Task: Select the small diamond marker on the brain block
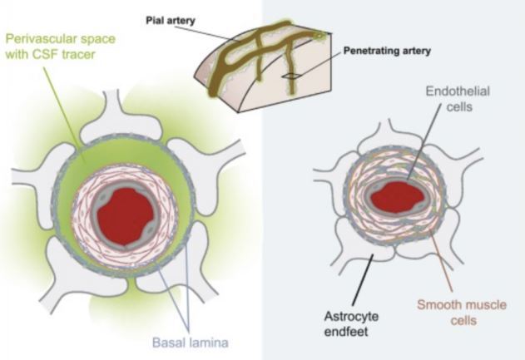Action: (x=290, y=76)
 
